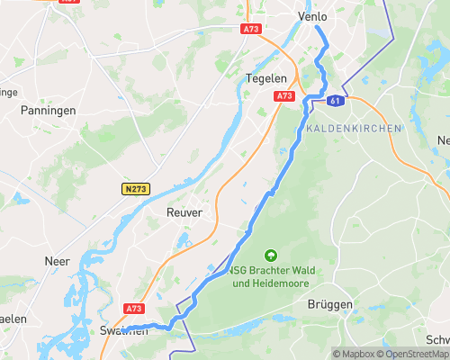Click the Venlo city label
point(313,17)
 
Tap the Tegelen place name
point(265,78)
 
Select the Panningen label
point(48,110)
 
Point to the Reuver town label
point(184,212)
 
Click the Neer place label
point(57,261)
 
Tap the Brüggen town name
point(330,305)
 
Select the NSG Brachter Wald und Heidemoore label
point(270,277)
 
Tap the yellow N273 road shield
point(136,189)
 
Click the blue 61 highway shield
point(335,101)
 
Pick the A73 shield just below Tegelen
point(284,95)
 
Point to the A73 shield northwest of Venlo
point(251,29)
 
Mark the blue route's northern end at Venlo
point(316,27)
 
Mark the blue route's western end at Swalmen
point(125,329)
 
